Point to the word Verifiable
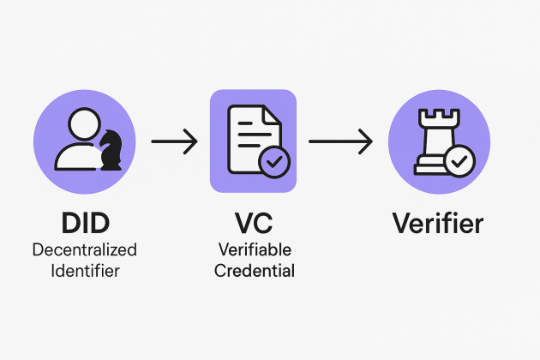253,250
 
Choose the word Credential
253,271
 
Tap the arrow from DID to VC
174,141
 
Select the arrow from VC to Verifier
340,141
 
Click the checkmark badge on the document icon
274,160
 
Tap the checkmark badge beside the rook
460,160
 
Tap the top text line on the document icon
248,123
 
